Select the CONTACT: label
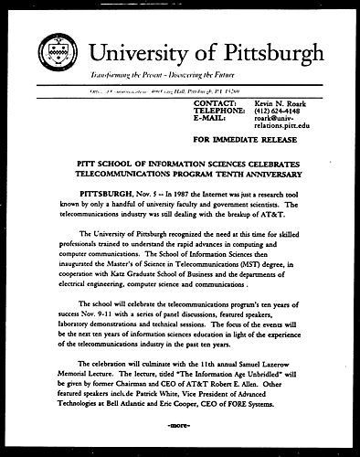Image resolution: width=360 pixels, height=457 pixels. click(x=217, y=103)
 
